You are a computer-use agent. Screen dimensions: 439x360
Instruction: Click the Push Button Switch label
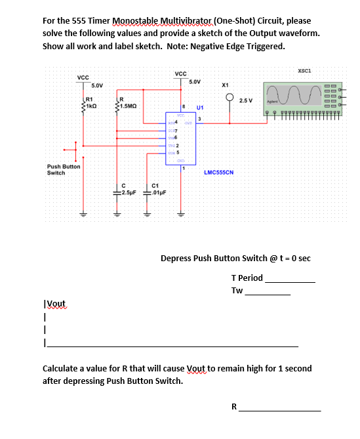tap(63, 170)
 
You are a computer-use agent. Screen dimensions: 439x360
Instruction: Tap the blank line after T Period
tap(290, 281)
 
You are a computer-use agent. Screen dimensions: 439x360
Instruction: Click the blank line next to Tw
tap(267, 294)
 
